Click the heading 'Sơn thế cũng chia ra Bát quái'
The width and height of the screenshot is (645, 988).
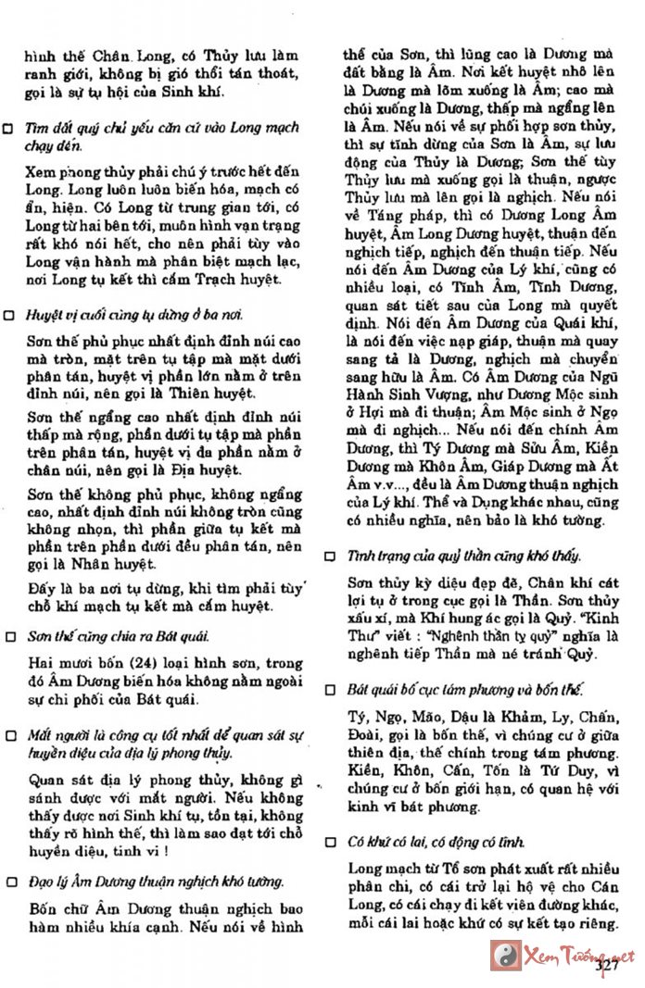click(117, 637)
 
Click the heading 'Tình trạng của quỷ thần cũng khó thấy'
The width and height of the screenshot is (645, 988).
click(463, 556)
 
